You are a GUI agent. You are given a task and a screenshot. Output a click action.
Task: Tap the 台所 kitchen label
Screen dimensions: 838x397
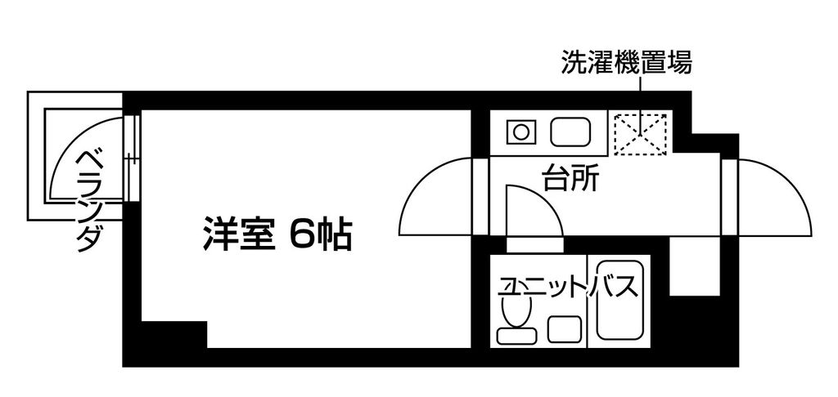click(570, 178)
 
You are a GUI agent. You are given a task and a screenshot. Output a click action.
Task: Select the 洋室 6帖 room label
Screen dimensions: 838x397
click(277, 235)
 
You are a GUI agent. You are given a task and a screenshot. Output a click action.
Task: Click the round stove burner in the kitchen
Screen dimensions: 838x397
click(519, 132)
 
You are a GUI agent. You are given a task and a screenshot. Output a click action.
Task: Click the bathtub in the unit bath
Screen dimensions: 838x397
click(622, 301)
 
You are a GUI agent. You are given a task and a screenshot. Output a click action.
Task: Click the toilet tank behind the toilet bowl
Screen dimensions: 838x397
click(516, 334)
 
